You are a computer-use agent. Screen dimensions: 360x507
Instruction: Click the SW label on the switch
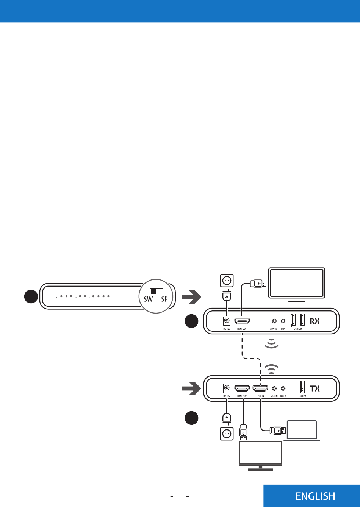148,299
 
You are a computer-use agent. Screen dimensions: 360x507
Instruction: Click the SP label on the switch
164,299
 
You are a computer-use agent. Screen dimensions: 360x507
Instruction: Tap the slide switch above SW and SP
156,291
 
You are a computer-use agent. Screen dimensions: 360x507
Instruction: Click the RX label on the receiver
315,321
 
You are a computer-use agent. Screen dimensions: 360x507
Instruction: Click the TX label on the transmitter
315,388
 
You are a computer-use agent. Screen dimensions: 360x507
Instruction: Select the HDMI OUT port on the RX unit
242,321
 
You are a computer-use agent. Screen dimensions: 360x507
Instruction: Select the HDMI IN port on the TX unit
260,388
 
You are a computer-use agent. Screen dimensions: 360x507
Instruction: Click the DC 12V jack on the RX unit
227,321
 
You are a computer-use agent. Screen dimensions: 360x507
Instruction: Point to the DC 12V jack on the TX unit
227,388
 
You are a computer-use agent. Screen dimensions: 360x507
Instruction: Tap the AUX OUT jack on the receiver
274,321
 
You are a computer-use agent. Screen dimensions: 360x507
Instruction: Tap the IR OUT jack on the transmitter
283,388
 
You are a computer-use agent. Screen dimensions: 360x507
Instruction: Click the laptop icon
302,431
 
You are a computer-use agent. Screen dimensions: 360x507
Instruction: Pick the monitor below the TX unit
260,453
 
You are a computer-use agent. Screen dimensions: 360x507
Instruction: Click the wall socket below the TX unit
227,434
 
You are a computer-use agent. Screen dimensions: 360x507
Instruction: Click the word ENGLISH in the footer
315,496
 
